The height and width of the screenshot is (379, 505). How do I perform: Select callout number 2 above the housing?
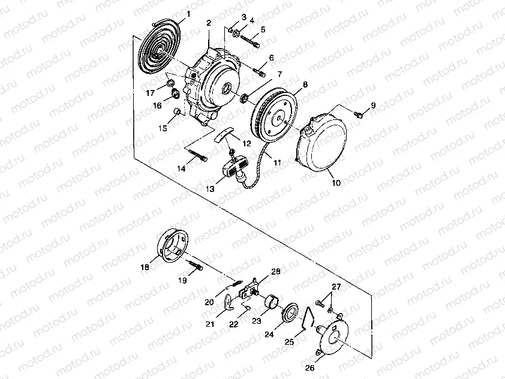point(208,23)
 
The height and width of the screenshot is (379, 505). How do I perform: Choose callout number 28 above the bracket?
point(276,272)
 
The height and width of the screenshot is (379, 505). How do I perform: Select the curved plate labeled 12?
point(223,133)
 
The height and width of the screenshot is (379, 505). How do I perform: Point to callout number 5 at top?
point(263,29)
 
